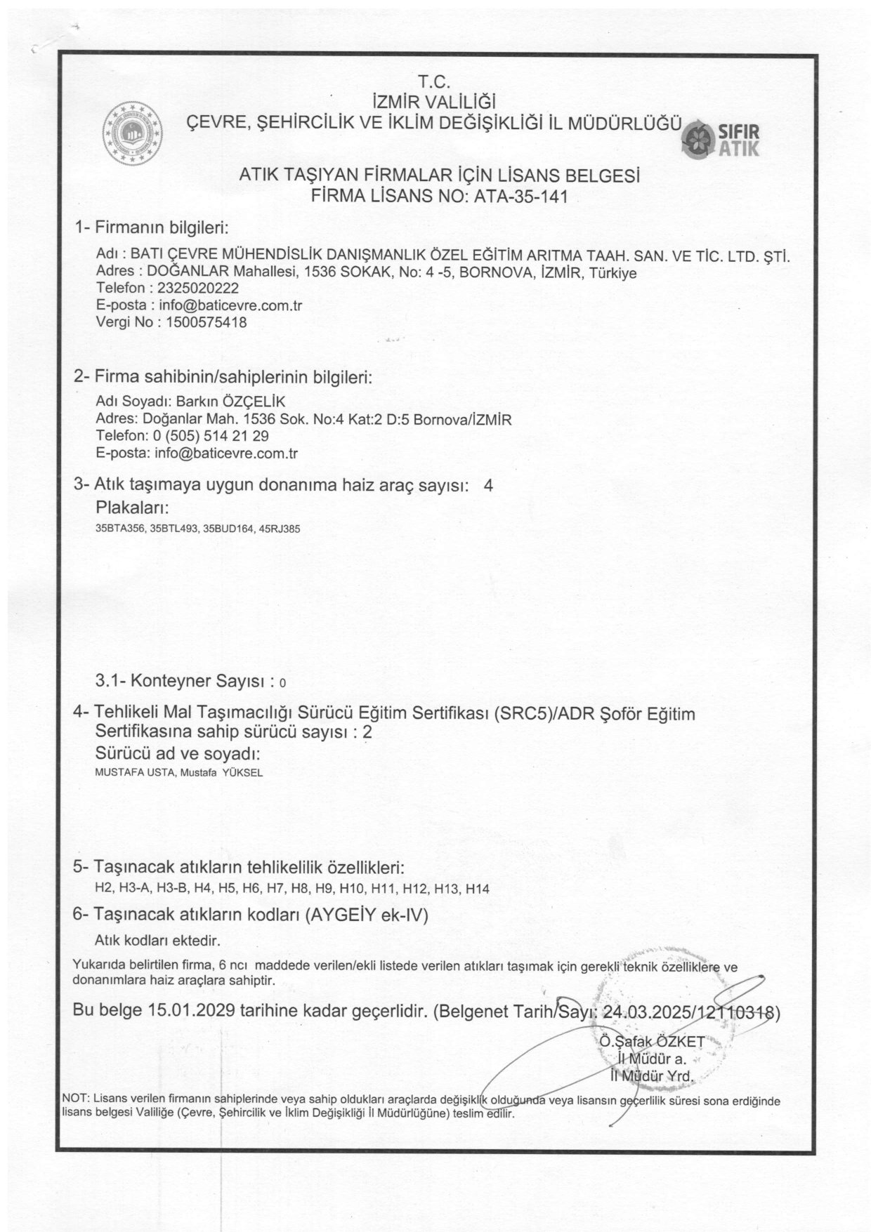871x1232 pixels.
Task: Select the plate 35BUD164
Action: (x=224, y=529)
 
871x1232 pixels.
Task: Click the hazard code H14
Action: (x=477, y=889)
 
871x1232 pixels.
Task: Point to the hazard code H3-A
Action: (x=133, y=889)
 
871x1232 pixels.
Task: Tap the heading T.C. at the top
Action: (x=434, y=81)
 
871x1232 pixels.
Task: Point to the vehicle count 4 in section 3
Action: (x=489, y=486)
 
